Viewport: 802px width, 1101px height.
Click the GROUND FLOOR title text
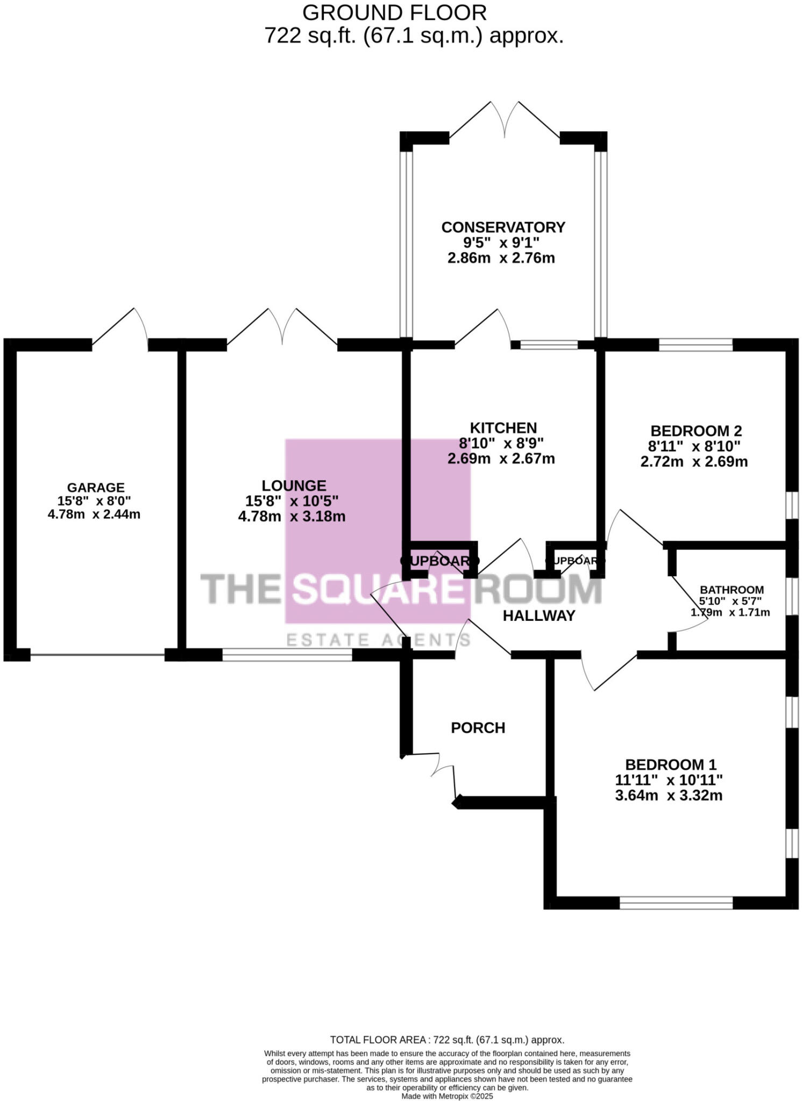394,12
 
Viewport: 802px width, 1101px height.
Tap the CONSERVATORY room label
503,227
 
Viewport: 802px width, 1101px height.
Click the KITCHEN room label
503,428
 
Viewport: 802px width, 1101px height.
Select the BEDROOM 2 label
696,431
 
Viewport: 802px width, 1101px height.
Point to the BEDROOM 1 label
671,764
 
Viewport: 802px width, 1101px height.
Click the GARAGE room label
96,488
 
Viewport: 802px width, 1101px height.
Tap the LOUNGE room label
294,486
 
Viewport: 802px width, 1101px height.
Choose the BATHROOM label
732,590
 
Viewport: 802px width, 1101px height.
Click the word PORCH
478,728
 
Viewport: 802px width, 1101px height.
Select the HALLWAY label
539,616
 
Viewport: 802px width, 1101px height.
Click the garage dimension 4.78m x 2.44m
94,514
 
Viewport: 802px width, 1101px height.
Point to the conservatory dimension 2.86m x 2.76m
501,258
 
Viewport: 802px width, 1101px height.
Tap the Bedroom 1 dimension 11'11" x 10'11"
669,780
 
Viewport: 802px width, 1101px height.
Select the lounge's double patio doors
282,328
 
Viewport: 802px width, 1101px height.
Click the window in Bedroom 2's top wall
695,345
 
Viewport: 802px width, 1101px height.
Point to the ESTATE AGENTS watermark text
378,640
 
